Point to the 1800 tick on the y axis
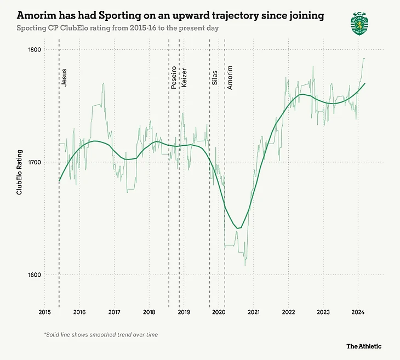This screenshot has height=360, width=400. coord(35,50)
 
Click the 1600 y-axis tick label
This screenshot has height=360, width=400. coord(35,275)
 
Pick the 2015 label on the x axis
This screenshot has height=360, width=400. coord(45,312)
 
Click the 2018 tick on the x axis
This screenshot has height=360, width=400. coord(149,312)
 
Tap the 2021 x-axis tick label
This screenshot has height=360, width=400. coord(254,312)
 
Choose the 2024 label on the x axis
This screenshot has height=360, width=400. coord(358,312)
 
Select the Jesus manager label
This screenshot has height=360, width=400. coord(65,78)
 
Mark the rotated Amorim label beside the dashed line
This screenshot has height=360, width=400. coord(230,77)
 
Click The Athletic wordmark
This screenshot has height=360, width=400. coord(363,346)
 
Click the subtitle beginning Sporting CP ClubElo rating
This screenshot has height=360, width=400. coord(118,28)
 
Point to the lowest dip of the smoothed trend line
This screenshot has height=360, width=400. coord(237,228)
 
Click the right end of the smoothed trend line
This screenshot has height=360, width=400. coord(365,83)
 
